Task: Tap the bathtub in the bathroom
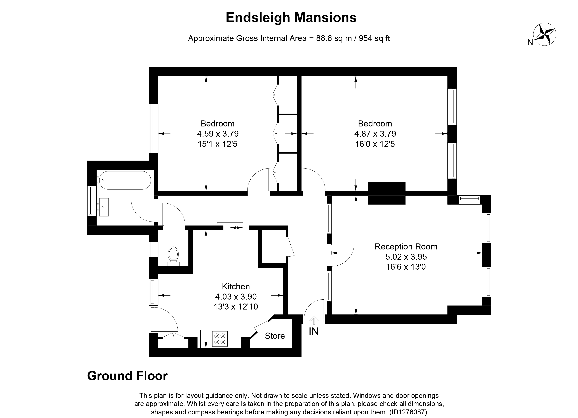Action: point(125,180)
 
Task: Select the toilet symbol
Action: point(173,255)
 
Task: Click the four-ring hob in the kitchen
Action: point(220,339)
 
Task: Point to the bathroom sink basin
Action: point(105,207)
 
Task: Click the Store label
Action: point(275,336)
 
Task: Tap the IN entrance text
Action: point(314,331)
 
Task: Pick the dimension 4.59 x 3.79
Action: point(218,134)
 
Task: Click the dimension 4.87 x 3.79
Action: point(375,134)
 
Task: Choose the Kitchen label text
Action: point(236,286)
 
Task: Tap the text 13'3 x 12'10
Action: point(236,306)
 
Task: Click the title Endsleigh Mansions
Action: point(291,18)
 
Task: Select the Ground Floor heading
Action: point(127,376)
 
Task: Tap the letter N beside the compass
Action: point(530,42)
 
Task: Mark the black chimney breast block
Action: point(386,193)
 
